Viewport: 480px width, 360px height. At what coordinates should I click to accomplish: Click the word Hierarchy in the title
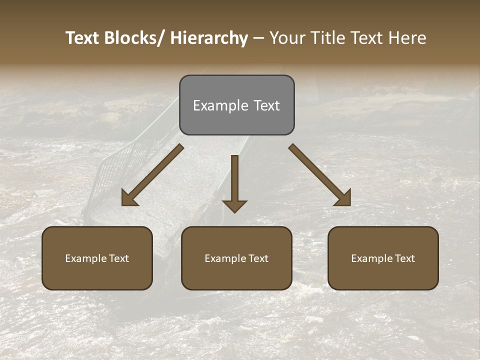(x=209, y=38)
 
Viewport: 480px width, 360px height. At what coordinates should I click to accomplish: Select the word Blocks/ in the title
(x=135, y=38)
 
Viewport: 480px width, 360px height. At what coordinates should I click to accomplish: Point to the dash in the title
(x=258, y=39)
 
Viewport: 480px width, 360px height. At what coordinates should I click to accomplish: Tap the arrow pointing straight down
(x=234, y=182)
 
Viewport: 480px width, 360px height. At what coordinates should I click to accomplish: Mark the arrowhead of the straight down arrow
(x=234, y=206)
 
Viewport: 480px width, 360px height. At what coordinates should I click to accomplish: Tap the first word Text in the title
(x=83, y=38)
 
